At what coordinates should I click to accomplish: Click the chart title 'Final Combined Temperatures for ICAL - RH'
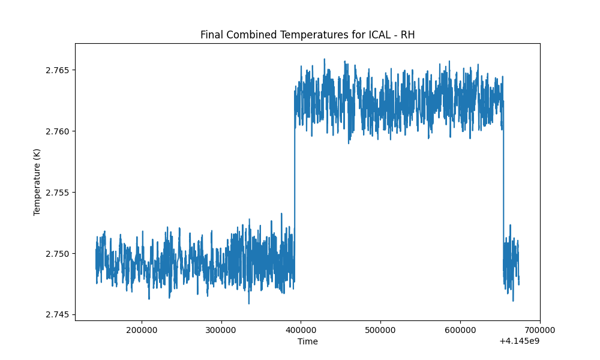tap(307, 35)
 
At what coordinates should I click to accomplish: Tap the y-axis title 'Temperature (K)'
tap(37, 182)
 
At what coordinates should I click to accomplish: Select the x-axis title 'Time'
tap(308, 341)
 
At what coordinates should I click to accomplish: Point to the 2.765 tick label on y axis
tap(58, 70)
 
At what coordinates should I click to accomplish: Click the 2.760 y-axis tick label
tap(58, 131)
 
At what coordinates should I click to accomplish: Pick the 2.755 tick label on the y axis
tap(58, 193)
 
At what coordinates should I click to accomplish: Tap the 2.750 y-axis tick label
tap(58, 254)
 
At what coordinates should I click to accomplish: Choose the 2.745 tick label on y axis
tap(58, 315)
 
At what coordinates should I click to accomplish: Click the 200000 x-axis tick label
tap(142, 330)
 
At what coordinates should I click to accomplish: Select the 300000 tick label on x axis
tap(221, 330)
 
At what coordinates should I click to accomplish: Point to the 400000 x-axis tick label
tap(301, 330)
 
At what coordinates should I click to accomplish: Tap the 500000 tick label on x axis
tap(380, 330)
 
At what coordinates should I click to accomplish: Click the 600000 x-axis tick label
tap(460, 330)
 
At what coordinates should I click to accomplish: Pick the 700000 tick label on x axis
tap(539, 330)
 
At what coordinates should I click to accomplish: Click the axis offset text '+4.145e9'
tap(519, 341)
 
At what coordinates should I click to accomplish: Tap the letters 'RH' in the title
tap(407, 35)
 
